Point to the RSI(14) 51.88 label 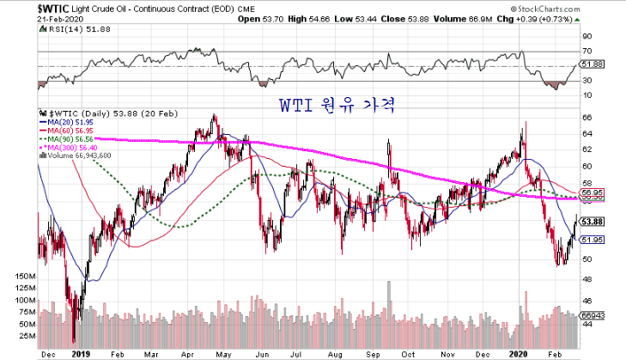point(70,29)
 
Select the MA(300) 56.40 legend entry point(72,147)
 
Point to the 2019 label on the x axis point(80,352)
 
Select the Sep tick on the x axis point(375,352)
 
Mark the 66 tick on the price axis point(587,117)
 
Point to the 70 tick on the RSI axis point(587,52)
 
